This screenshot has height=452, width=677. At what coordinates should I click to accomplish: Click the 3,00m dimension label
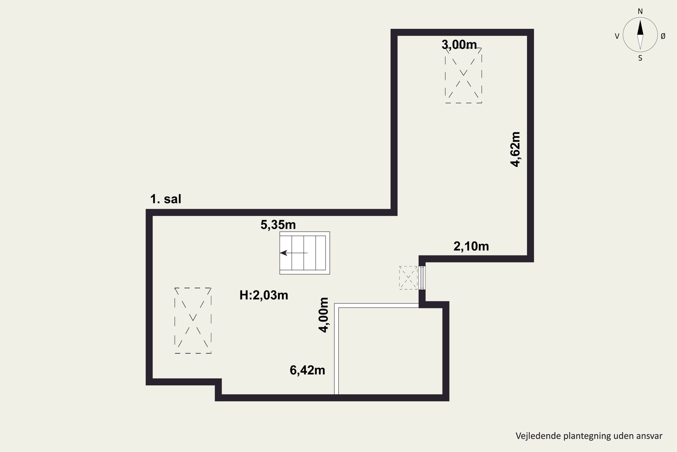click(x=459, y=45)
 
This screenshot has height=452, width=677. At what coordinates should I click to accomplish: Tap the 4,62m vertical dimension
click(x=515, y=149)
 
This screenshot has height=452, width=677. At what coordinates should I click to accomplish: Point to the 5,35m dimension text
click(x=278, y=225)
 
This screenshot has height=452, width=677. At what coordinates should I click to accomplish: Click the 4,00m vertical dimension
click(x=324, y=315)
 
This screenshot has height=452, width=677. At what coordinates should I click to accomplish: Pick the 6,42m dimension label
click(x=307, y=370)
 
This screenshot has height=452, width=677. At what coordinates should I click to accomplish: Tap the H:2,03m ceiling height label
click(x=264, y=295)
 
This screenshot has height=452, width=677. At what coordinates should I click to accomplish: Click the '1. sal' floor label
click(x=166, y=199)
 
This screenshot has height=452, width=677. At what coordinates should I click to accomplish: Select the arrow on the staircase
click(x=294, y=253)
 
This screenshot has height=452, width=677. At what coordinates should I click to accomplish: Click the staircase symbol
click(x=304, y=253)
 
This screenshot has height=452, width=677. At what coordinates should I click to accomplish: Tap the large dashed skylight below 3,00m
click(x=464, y=75)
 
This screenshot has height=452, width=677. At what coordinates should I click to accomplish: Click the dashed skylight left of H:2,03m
click(x=193, y=320)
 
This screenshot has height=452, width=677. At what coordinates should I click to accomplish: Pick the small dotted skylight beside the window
click(x=408, y=278)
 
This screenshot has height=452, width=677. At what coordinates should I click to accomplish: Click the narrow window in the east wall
click(x=422, y=278)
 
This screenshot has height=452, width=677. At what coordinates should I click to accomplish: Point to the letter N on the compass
click(x=640, y=11)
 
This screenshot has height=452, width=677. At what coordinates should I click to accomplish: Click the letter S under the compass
click(x=640, y=58)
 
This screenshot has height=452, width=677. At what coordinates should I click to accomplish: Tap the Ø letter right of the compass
click(x=663, y=36)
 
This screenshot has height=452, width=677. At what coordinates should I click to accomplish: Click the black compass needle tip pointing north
click(x=640, y=20)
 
